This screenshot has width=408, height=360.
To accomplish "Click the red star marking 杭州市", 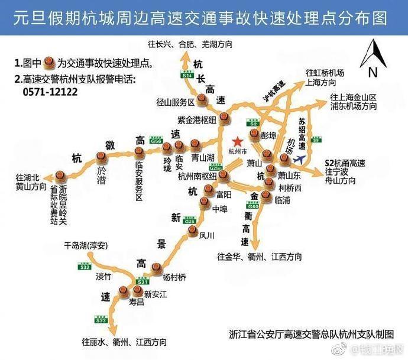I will pyautogui.click(x=238, y=141).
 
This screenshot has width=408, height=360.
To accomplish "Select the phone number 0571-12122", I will pyautogui.click(x=51, y=92).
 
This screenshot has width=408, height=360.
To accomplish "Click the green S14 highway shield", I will pyautogui.click(x=187, y=75).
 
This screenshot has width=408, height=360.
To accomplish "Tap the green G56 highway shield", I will pyautogui.click(x=157, y=141).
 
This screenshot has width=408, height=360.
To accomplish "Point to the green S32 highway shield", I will pyautogui.click(x=85, y=267).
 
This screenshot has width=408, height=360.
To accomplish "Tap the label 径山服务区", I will pyautogui.click(x=176, y=101).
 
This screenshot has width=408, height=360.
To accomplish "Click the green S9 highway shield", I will pyautogui.click(x=317, y=140).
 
